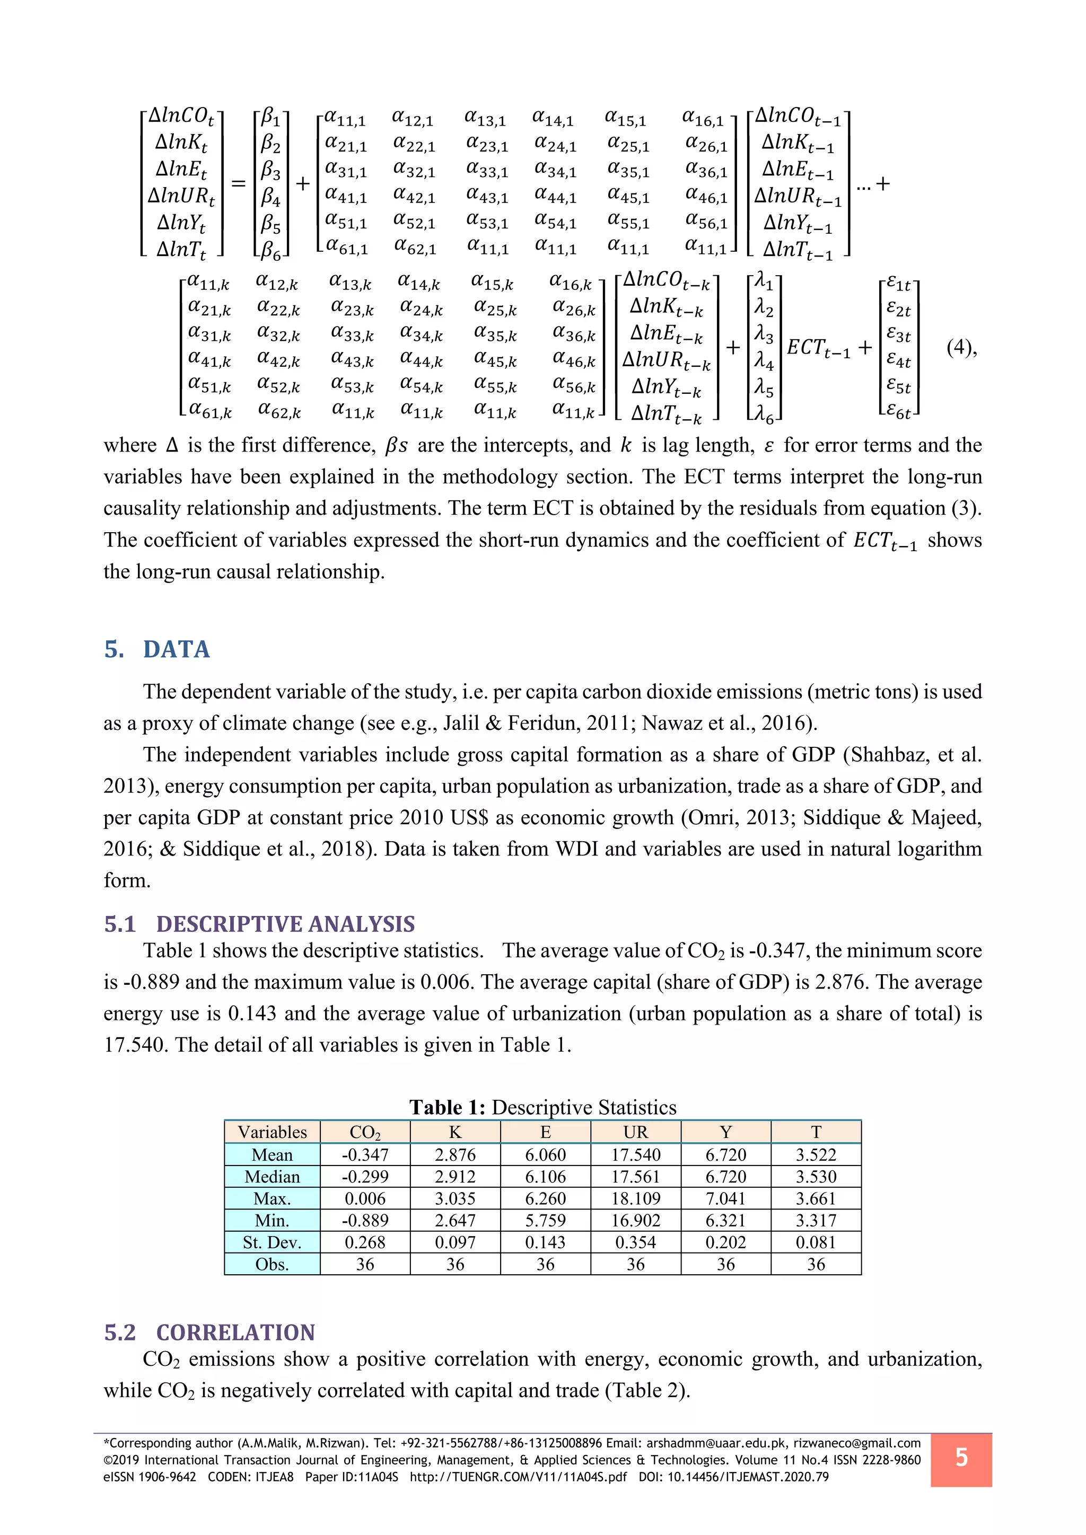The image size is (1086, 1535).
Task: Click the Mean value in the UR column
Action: (x=635, y=1154)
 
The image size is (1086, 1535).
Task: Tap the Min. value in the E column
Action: (x=545, y=1220)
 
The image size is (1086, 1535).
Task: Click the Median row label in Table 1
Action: (x=272, y=1177)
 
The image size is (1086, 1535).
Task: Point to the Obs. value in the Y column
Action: (x=725, y=1264)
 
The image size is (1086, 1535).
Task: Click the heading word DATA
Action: (x=177, y=649)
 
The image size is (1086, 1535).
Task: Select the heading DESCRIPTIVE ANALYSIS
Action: (x=285, y=924)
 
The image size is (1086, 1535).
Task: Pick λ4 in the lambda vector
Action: (x=764, y=361)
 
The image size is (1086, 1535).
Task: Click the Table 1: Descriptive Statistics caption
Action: (x=543, y=1107)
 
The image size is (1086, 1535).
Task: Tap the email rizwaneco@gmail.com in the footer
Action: (x=856, y=1443)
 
